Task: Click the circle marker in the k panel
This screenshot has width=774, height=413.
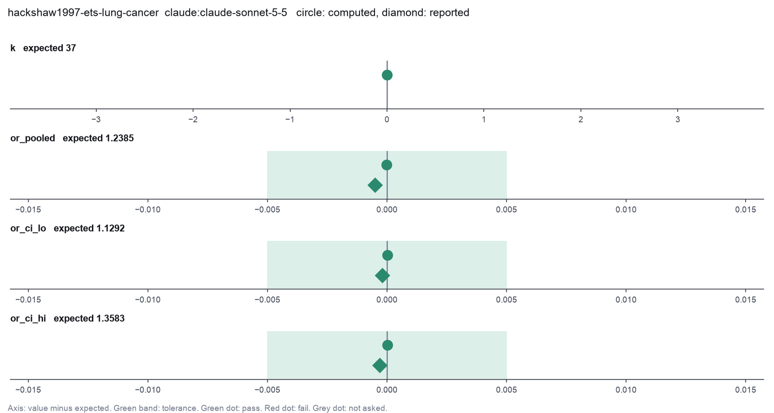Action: pos(387,75)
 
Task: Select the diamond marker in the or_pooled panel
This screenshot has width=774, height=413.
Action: pos(375,185)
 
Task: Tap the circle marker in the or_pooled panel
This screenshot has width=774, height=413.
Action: pos(387,165)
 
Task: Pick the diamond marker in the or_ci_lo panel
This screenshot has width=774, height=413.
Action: pos(382,275)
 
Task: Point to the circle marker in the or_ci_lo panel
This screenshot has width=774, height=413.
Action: pos(387,255)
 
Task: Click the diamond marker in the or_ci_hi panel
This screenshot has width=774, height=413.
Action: pos(380,366)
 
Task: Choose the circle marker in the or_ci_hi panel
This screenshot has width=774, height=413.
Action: pos(387,345)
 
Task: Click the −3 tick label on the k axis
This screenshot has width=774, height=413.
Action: pos(96,120)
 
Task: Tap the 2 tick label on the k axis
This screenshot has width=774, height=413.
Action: pos(581,120)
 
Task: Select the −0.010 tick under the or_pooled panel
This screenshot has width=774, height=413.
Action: pos(148,210)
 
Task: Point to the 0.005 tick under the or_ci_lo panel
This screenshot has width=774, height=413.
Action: pos(506,300)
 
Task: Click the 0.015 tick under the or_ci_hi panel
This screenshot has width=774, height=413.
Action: pos(745,390)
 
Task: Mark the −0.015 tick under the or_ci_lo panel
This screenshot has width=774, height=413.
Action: pos(28,300)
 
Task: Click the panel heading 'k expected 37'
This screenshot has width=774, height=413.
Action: pos(43,48)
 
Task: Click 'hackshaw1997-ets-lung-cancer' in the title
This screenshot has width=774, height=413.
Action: pos(83,13)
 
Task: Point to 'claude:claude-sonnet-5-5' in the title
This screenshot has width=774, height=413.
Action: pos(226,13)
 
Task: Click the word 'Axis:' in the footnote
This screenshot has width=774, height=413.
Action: pos(16,408)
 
